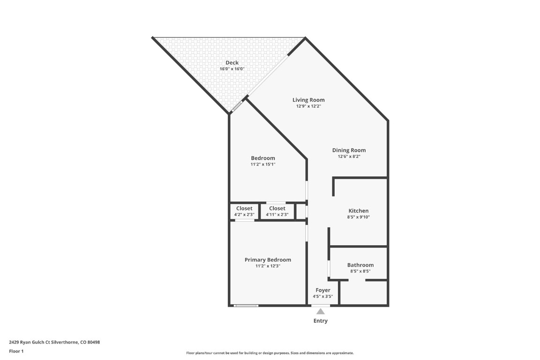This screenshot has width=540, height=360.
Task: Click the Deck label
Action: coord(232,63)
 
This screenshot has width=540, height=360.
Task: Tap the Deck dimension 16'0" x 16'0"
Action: coord(232,69)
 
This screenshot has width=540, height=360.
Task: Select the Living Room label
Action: coord(308,100)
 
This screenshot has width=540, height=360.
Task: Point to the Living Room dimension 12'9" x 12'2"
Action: coord(308,106)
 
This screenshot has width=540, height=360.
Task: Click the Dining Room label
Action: coord(349,150)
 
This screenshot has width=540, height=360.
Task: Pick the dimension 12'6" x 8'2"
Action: coord(349,157)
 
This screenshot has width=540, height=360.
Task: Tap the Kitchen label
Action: coord(358,211)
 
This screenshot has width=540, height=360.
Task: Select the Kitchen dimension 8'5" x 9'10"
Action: coord(358,217)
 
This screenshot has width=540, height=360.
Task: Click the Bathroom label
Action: coord(360,265)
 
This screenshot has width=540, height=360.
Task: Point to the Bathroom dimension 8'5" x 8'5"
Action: coord(360,271)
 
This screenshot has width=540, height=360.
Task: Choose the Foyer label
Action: coord(322,291)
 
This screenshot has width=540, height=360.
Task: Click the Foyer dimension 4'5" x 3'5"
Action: coord(322,296)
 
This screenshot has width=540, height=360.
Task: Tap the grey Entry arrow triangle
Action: coord(321,311)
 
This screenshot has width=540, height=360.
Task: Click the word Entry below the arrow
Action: coord(321,321)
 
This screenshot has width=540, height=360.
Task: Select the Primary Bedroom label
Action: coord(268,260)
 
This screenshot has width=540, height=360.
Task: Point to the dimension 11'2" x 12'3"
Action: coord(268,266)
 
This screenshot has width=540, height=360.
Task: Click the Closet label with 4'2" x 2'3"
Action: coord(244,209)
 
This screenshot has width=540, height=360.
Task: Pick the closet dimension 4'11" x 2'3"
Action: coord(277,215)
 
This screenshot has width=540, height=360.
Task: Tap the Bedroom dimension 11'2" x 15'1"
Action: coord(263,165)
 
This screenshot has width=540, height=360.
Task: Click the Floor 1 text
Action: coord(16,351)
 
